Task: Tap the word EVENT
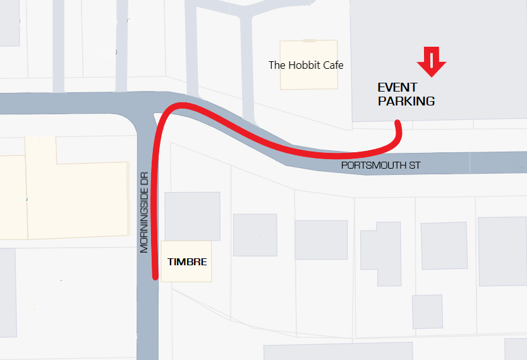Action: [x=397, y=88]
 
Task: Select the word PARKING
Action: [x=406, y=101]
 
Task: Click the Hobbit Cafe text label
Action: [x=306, y=65]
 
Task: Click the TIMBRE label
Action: [x=186, y=261]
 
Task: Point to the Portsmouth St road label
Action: [x=380, y=165]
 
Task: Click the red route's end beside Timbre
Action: [x=155, y=275]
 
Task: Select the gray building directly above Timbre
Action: [x=192, y=216]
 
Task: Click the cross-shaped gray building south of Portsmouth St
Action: [x=380, y=253]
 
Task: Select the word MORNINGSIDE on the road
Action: [x=145, y=221]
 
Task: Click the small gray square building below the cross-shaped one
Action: [x=427, y=311]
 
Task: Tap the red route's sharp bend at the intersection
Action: [x=166, y=112]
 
